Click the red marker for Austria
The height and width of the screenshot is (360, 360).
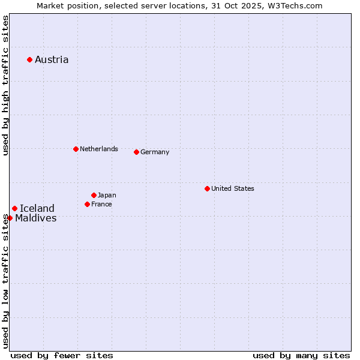(x=29, y=59)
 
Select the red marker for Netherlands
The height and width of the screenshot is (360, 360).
(x=76, y=149)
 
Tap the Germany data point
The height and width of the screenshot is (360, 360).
(x=136, y=152)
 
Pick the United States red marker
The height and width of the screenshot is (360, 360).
(x=207, y=188)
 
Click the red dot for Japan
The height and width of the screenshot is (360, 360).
(x=94, y=195)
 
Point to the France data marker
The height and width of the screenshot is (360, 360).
(x=87, y=204)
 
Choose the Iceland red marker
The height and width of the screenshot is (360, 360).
(x=14, y=208)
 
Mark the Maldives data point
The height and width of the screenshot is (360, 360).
(x=10, y=218)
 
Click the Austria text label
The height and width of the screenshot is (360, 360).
(x=52, y=59)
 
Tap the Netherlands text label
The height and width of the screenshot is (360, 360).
(x=99, y=149)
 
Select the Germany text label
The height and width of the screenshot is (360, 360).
(x=155, y=152)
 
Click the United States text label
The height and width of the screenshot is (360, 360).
(x=233, y=188)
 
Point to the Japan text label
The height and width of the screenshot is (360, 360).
(x=107, y=195)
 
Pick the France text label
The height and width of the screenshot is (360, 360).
(x=101, y=204)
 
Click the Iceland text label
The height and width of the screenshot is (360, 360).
(x=37, y=208)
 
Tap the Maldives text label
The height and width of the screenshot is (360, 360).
(x=36, y=218)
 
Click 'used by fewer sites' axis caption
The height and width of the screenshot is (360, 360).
(x=62, y=355)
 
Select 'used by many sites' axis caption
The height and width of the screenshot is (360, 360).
(x=301, y=355)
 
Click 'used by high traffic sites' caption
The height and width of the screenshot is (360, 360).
(x=5, y=85)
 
